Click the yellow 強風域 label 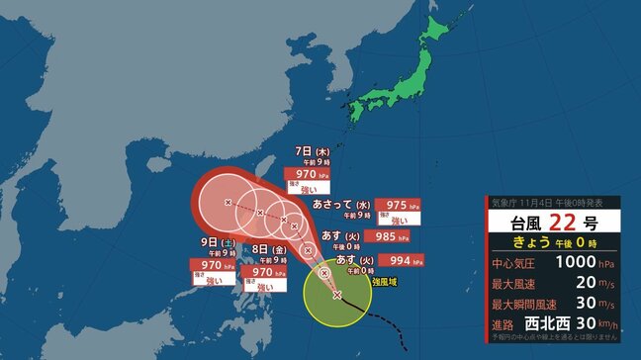[x=387, y=283]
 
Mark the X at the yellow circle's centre [x=337, y=295]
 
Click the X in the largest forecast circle [x=229, y=203]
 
